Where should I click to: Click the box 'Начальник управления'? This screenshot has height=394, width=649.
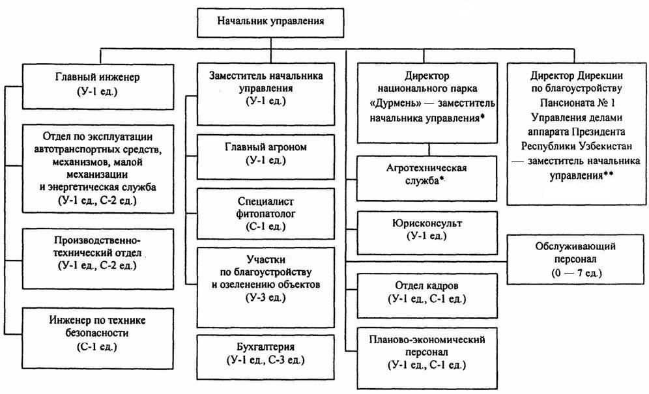[270, 23]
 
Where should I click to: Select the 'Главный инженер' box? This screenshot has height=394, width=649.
[98, 86]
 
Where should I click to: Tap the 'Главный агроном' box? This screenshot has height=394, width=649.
[266, 157]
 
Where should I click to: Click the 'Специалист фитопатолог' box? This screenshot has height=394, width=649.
[266, 214]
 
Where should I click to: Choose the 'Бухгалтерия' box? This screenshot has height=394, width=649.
[266, 357]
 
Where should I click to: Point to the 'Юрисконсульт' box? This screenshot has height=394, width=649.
[427, 233]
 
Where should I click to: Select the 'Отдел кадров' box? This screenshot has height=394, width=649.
[427, 295]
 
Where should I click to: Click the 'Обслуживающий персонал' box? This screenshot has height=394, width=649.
[576, 259]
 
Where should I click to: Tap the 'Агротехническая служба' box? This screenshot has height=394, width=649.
[427, 178]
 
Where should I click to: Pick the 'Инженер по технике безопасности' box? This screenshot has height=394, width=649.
[98, 338]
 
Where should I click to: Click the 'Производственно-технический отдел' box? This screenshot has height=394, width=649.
[98, 259]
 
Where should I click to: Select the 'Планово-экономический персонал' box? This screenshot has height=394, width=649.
[427, 358]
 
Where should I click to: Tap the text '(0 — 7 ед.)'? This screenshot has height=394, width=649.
[576, 273]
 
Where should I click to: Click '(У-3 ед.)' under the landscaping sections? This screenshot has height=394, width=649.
[266, 298]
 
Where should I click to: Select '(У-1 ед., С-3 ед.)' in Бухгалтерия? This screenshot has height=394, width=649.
[266, 360]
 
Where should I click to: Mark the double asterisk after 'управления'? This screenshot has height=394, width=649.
[609, 175]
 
